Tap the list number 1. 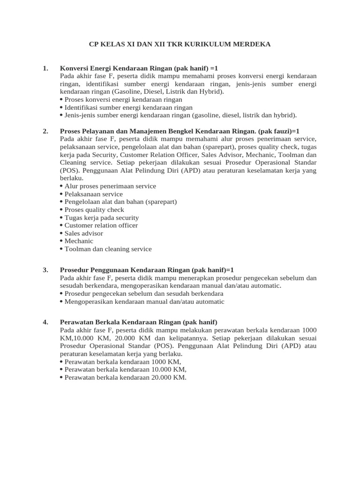[x=45, y=68]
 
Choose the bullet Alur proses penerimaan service [x=110, y=186]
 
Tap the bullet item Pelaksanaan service [x=94, y=194]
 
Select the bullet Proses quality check [x=94, y=210]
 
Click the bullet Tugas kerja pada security [x=102, y=217]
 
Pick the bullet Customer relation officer [x=101, y=225]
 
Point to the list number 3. [x=45, y=270]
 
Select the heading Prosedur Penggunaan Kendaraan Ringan [x=124, y=270]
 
